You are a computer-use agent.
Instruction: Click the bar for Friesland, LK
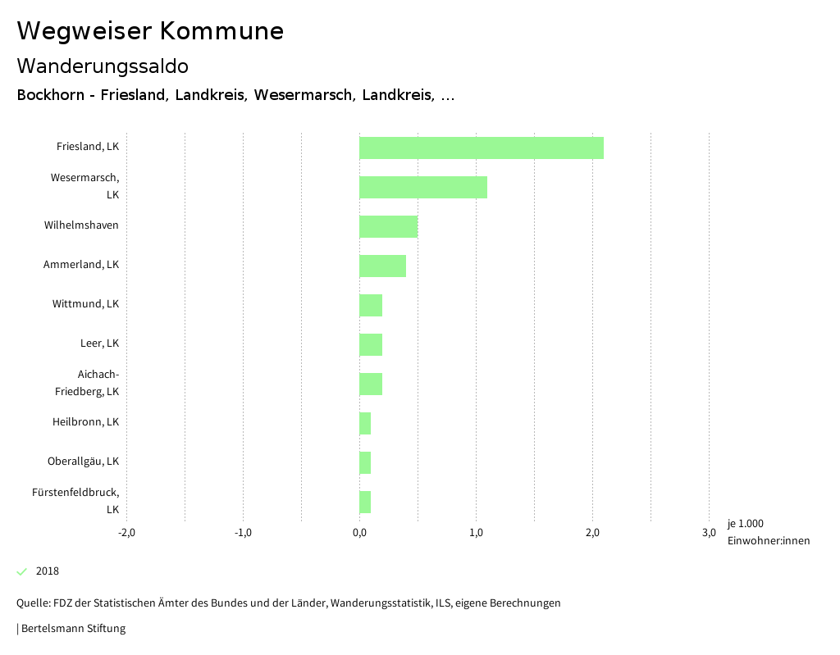point(482,148)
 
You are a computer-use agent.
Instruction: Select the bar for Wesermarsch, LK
point(423,187)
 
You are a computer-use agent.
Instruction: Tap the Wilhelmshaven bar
point(388,226)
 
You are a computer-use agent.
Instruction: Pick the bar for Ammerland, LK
point(382,266)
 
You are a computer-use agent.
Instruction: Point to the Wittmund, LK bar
point(371,305)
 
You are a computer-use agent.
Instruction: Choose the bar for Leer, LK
point(371,344)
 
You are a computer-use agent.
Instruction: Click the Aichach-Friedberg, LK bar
point(371,384)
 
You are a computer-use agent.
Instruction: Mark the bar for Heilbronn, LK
point(365,423)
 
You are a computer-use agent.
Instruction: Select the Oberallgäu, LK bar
point(365,462)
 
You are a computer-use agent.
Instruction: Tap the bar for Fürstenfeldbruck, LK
point(365,502)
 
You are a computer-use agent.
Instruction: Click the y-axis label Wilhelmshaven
point(81,225)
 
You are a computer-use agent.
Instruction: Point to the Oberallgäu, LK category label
point(83,461)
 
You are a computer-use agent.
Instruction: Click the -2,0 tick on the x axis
point(126,533)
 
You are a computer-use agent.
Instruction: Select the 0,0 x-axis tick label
point(359,533)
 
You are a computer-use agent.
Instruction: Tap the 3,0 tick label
point(709,533)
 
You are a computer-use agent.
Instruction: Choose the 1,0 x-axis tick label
point(476,533)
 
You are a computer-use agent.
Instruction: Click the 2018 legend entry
point(47,571)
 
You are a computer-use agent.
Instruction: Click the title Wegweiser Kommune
point(150,31)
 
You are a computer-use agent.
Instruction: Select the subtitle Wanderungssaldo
point(103,66)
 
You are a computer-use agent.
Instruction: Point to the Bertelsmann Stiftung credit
point(72,629)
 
